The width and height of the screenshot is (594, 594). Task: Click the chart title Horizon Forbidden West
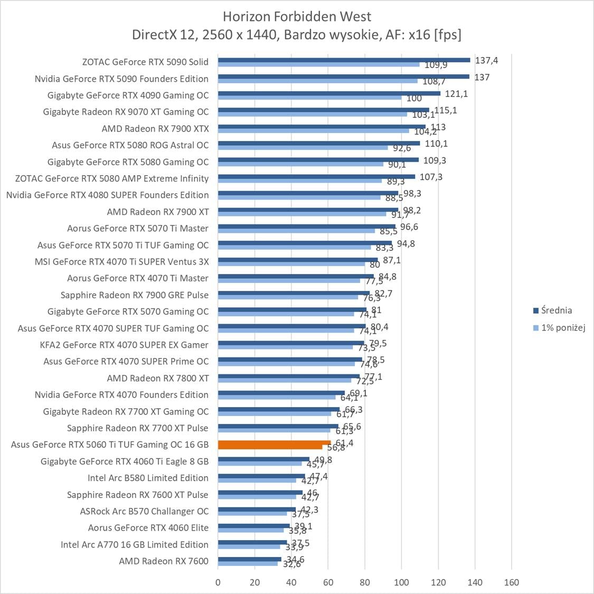297,16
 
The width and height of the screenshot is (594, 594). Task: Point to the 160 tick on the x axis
511,582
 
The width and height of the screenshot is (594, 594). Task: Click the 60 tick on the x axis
328,582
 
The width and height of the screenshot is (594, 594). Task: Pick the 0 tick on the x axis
218,582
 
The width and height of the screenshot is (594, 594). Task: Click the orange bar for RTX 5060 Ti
274,443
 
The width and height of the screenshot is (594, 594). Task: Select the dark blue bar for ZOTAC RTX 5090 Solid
343,60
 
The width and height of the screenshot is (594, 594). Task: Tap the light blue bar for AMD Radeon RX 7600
248,564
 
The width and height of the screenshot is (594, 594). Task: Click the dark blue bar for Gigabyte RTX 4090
329,93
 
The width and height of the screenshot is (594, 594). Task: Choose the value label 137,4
486,60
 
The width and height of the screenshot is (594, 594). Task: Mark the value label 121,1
457,93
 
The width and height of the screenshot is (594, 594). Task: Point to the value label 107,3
431,177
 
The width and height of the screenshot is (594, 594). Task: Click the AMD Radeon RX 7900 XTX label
155,128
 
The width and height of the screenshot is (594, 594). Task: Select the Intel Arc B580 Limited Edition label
148,478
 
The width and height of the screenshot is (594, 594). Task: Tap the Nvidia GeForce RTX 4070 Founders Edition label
121,394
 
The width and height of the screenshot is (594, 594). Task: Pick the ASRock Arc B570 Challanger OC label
144,511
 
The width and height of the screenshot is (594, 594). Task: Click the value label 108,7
433,82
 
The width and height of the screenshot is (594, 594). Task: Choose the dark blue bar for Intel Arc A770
252,542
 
